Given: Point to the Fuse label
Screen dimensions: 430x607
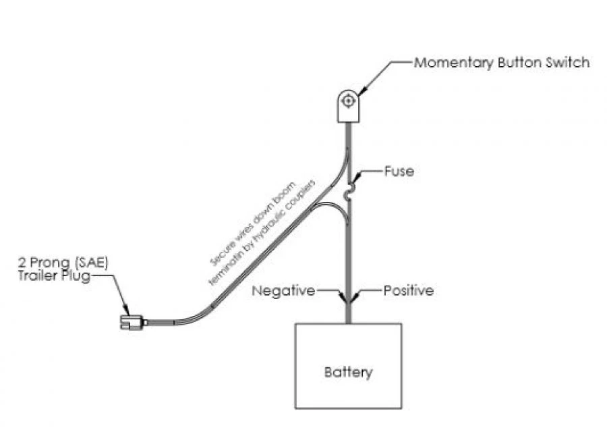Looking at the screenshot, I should pyautogui.click(x=399, y=171).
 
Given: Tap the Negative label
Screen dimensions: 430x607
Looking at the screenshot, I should pyautogui.click(x=283, y=291).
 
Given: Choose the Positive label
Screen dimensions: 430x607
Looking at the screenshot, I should pyautogui.click(x=409, y=291).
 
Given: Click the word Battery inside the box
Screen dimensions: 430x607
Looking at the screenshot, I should pyautogui.click(x=348, y=372).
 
